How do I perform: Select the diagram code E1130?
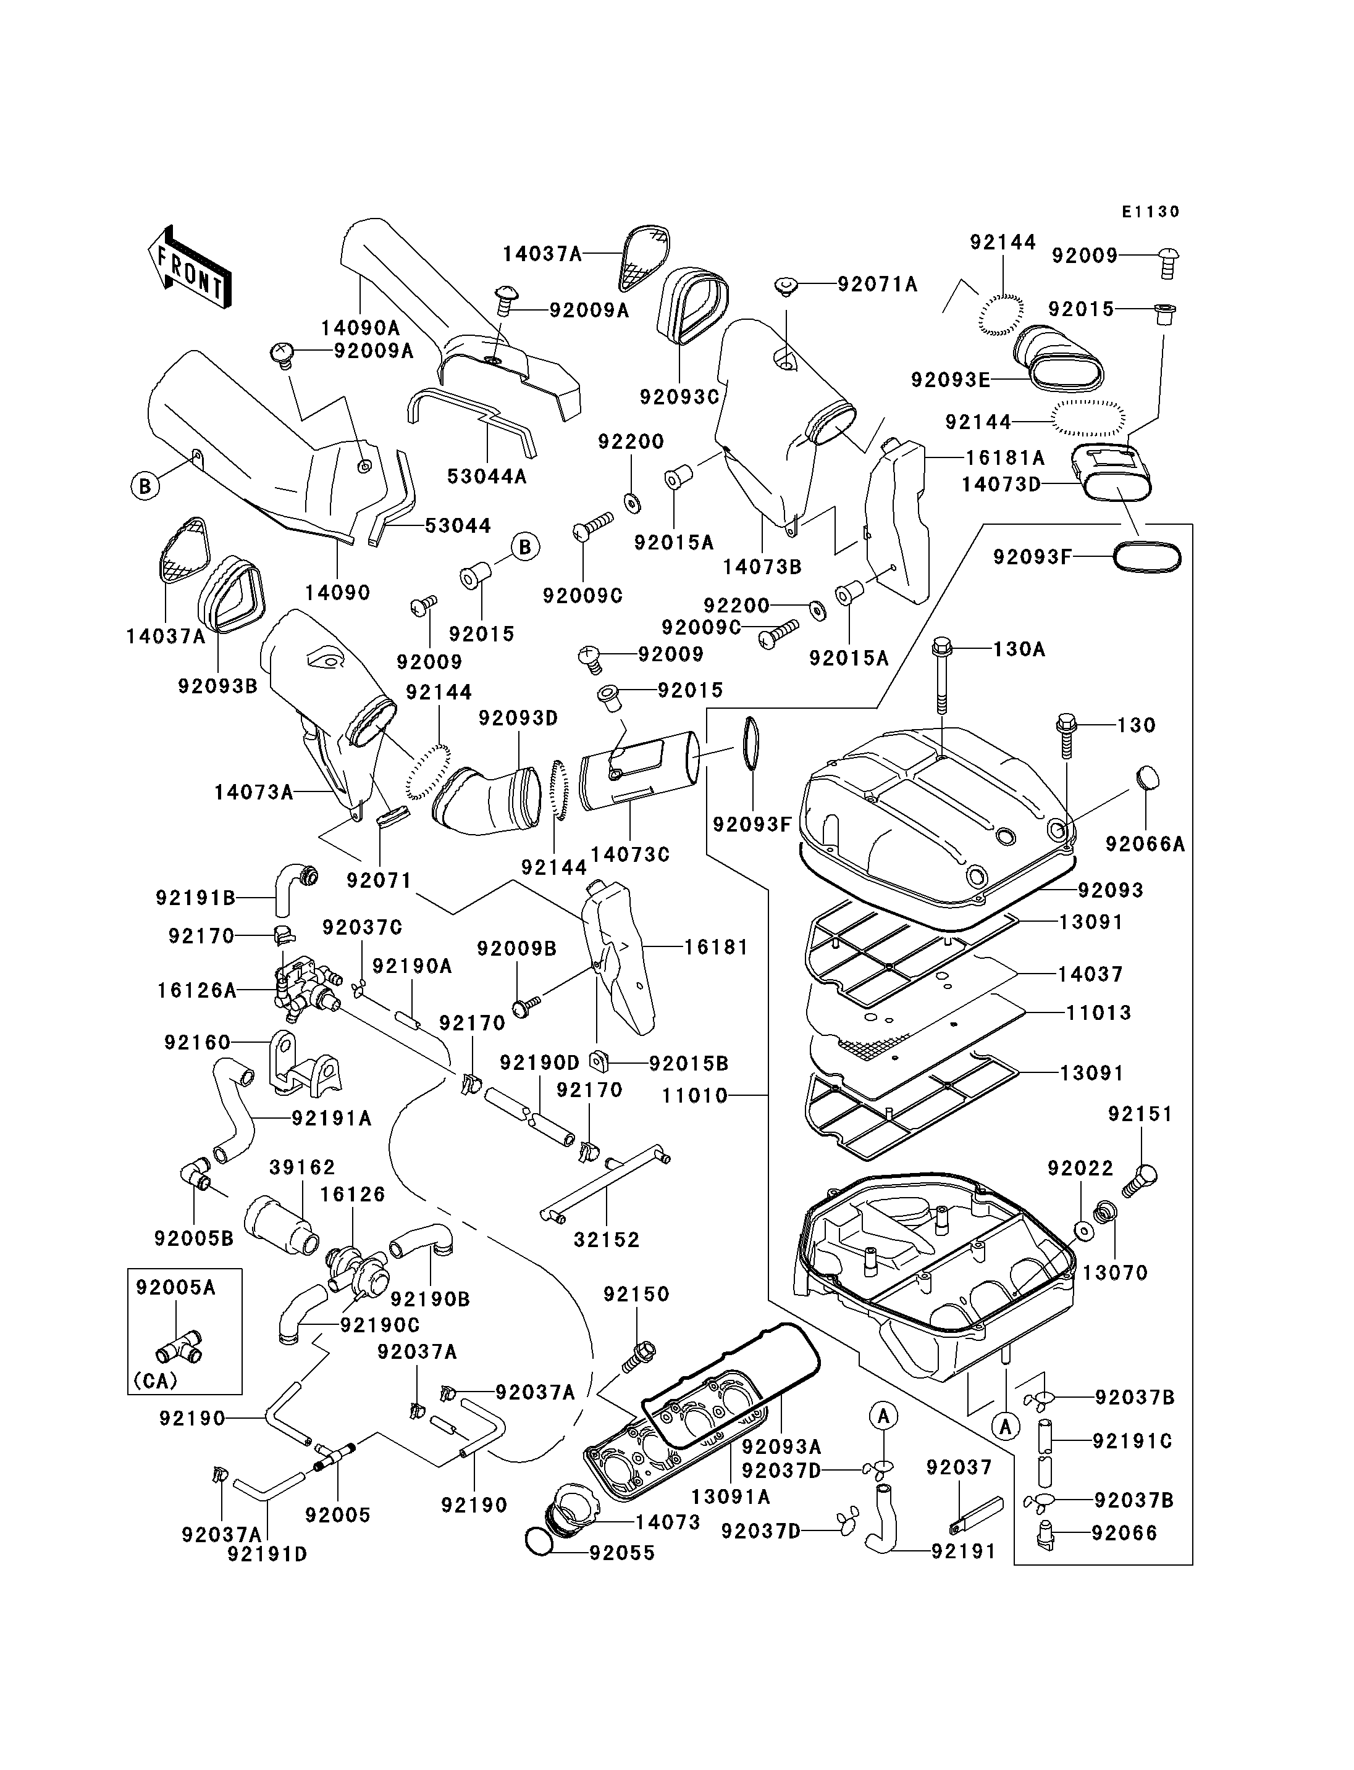click(x=1151, y=212)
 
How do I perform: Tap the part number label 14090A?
click(x=360, y=328)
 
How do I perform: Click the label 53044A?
click(x=487, y=476)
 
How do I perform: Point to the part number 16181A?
click(x=1005, y=457)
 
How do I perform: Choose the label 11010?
click(x=695, y=1096)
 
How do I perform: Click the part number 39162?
click(x=302, y=1167)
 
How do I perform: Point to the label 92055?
click(x=622, y=1553)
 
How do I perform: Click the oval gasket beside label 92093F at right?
click(x=1148, y=557)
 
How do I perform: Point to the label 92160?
click(x=198, y=1043)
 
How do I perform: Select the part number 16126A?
click(x=196, y=990)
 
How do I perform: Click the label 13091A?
click(x=730, y=1497)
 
